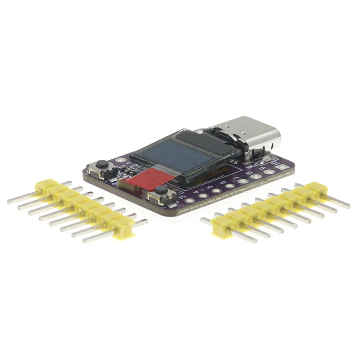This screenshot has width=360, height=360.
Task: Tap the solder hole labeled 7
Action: [243, 181]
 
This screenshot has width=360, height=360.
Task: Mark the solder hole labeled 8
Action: [256, 176]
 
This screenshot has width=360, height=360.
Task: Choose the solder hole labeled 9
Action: [269, 171]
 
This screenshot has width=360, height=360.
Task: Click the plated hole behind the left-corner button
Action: [118, 160]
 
